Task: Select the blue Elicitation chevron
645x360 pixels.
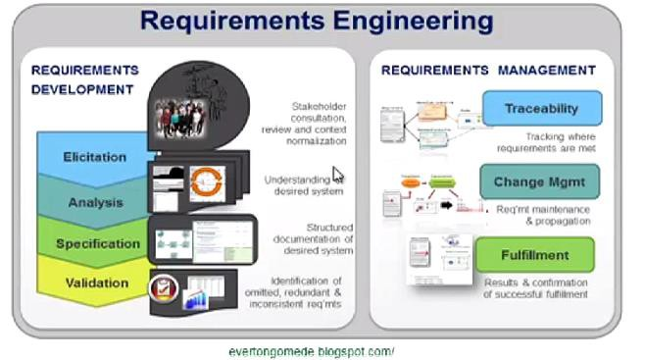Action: tap(95, 157)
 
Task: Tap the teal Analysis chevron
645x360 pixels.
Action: tap(95, 202)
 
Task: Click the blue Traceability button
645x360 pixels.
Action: tap(541, 108)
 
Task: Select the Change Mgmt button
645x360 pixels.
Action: tap(539, 181)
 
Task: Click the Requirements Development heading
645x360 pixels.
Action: tap(83, 79)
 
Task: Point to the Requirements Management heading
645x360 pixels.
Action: tap(487, 71)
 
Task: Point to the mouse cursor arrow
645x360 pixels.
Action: tap(337, 175)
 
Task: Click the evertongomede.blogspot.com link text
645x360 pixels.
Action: tap(309, 350)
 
